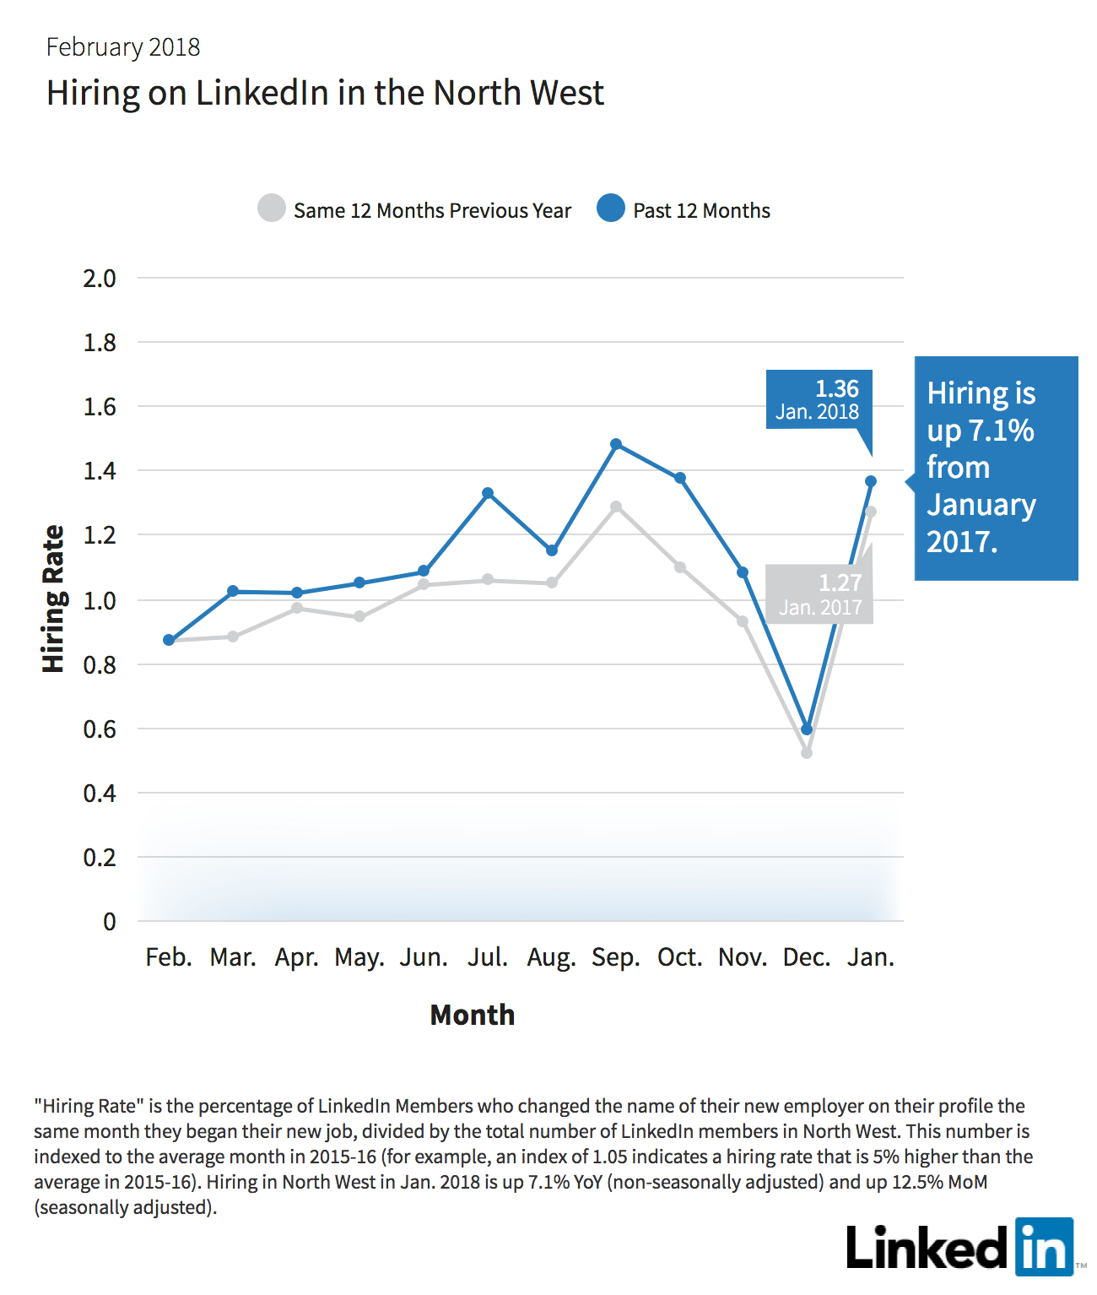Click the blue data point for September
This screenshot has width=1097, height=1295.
coord(615,444)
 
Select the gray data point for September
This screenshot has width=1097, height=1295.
coord(615,507)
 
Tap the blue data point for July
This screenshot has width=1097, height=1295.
coord(488,493)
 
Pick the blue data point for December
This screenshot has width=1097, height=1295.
coord(807,729)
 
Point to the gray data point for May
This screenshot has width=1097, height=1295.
coord(359,616)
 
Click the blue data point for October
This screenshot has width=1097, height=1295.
coord(680,478)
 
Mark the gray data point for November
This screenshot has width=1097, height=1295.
coord(743,621)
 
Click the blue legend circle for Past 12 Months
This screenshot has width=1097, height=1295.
coord(610,209)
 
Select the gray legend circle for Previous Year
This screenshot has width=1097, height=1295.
coord(272,209)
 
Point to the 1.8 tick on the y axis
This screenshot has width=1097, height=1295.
coord(100,343)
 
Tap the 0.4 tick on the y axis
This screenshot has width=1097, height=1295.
coord(100,794)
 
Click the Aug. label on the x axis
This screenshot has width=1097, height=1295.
coord(551,958)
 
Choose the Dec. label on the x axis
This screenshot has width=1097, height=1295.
coord(807,957)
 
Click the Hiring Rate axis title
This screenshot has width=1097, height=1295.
coord(54,599)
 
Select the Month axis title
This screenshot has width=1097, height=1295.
coord(472,1015)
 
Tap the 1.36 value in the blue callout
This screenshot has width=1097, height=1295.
coord(836,389)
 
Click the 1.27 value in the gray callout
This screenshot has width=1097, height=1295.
coord(840,583)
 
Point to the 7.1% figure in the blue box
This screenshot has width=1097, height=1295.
coord(1001,431)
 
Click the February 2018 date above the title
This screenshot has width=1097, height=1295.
coord(122,47)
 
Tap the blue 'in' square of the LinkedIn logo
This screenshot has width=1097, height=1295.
coord(1045,1247)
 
